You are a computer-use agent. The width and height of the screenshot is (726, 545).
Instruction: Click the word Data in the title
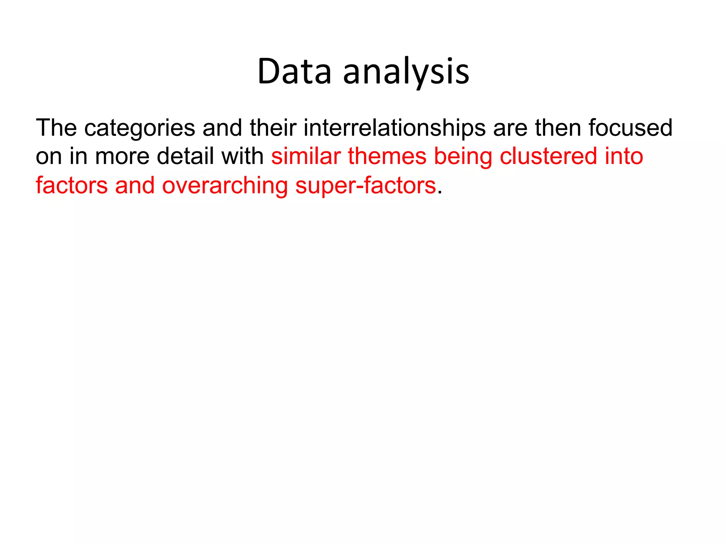click(x=294, y=72)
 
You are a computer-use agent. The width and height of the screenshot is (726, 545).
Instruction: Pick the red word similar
click(x=306, y=156)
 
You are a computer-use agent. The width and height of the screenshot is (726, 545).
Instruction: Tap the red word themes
click(x=387, y=156)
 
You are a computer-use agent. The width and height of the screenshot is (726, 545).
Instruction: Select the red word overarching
click(x=225, y=186)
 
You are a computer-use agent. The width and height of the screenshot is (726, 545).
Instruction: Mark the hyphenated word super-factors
click(x=365, y=186)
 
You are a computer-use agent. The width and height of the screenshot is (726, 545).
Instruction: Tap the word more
click(x=122, y=156)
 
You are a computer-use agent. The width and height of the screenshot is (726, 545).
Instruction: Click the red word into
click(x=624, y=156)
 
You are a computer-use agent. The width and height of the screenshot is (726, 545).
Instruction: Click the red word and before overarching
click(x=135, y=186)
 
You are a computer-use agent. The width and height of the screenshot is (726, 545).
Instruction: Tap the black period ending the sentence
click(x=440, y=192)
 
